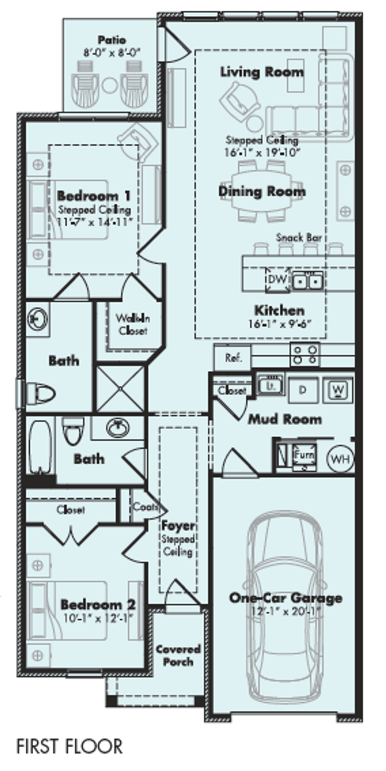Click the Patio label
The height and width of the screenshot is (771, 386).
point(112,40)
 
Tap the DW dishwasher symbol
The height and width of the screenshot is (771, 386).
point(277,279)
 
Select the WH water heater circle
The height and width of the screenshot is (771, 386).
point(340,459)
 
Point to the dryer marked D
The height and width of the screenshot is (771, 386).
point(303,390)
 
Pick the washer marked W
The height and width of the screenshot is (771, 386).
point(338,390)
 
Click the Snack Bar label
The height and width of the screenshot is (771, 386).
point(299,237)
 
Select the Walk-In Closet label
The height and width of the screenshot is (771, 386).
point(133,324)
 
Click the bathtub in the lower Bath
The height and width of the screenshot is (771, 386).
point(40,447)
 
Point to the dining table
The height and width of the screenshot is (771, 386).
point(262,191)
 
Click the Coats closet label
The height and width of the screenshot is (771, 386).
point(144,507)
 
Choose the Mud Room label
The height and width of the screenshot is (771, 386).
point(285,419)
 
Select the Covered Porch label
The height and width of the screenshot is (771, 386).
point(178,655)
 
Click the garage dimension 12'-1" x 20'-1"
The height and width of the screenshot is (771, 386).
point(285,611)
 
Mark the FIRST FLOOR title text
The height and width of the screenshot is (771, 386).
point(69,746)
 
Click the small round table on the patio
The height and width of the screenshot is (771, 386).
point(109,85)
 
